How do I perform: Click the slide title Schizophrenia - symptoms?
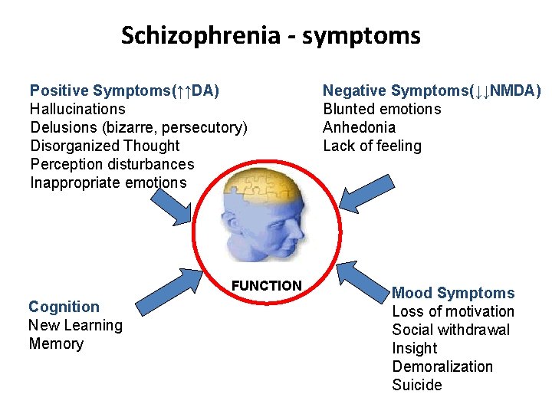(x=271, y=35)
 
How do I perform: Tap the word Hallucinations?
(x=77, y=110)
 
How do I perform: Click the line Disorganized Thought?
(x=105, y=146)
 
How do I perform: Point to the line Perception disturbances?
(x=112, y=164)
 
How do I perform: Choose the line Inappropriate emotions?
(x=108, y=182)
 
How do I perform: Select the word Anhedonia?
(x=360, y=127)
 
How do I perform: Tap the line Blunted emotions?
(x=382, y=109)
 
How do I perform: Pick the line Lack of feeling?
(x=372, y=146)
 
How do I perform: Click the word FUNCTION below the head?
(x=267, y=286)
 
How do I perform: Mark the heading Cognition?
(x=64, y=307)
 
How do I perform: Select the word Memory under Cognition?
(x=56, y=343)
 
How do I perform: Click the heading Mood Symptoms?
(x=453, y=293)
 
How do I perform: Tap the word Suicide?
(x=417, y=385)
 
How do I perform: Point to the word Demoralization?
(x=442, y=366)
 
